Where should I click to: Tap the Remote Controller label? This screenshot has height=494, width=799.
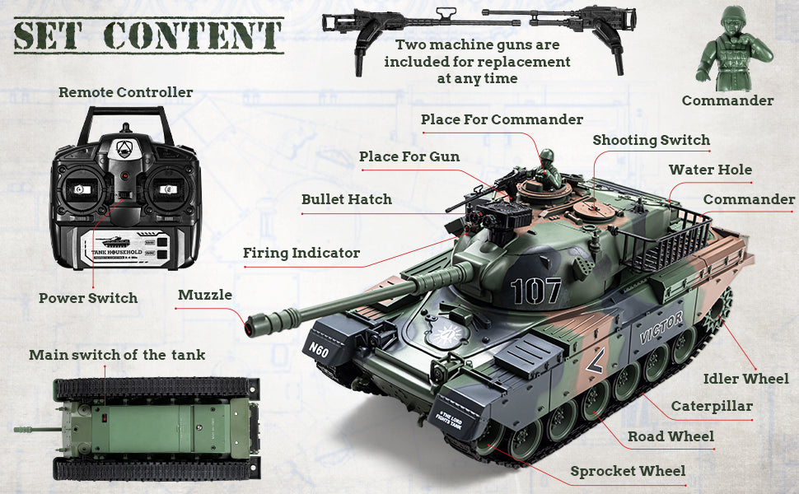125,92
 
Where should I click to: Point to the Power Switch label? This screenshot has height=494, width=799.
88,298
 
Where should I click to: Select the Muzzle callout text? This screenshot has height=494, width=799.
205,295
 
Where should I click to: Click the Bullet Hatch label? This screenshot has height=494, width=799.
347,199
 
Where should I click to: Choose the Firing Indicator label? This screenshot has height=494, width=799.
301,253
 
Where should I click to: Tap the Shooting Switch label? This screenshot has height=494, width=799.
651,140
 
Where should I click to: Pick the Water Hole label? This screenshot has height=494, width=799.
710,170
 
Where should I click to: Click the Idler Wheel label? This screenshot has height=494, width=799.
746,379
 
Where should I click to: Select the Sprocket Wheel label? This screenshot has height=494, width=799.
628,471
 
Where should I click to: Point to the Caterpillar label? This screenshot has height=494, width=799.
712,406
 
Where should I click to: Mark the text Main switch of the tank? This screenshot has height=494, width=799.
117,355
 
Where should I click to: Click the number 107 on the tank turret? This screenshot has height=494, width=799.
535,291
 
